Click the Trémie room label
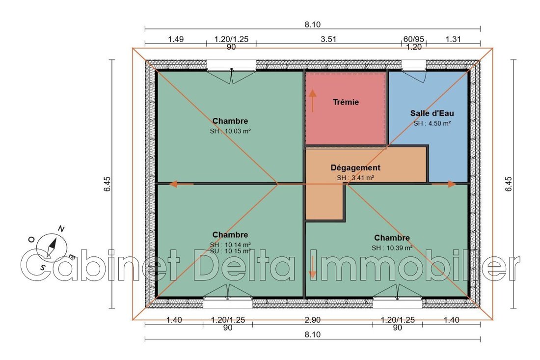click(x=346, y=102)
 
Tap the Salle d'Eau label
click(x=432, y=113)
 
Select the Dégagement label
click(x=355, y=168)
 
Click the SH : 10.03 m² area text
click(x=230, y=131)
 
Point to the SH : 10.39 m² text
click(x=392, y=248)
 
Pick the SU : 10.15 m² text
click(x=230, y=251)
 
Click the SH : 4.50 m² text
click(x=432, y=123)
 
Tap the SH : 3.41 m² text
click(x=355, y=178)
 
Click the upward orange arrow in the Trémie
click(x=312, y=101)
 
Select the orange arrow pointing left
click(x=182, y=184)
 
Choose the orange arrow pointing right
click(x=444, y=184)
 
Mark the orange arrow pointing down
click(x=312, y=267)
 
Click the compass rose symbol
click(x=52, y=246)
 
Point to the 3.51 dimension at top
click(x=328, y=39)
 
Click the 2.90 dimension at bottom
click(x=313, y=320)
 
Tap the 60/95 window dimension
click(x=414, y=39)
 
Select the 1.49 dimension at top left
click(x=176, y=39)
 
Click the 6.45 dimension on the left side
click(x=107, y=184)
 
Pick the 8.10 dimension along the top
click(x=312, y=25)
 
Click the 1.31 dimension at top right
click(x=453, y=39)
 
